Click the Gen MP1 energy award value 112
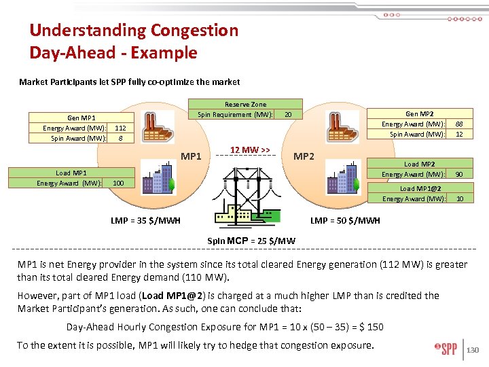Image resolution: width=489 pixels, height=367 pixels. [x=120, y=128]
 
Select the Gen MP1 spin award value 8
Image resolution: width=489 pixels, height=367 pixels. [x=120, y=138]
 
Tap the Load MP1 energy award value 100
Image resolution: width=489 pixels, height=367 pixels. [x=118, y=183]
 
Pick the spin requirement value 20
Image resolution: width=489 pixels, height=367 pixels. [x=288, y=114]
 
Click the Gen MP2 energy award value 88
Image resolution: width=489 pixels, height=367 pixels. [x=459, y=124]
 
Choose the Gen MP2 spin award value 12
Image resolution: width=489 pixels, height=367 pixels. [x=459, y=135]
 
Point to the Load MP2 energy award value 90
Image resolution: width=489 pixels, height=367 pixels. [x=459, y=175]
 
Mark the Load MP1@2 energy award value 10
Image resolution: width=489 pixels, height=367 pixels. [x=459, y=199]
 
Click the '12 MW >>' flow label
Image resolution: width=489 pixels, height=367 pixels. [x=250, y=150]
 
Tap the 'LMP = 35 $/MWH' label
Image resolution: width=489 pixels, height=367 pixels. [x=145, y=220]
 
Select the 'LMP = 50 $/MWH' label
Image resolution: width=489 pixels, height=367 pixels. [x=345, y=220]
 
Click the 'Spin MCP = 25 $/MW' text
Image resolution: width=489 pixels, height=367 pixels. [x=251, y=241]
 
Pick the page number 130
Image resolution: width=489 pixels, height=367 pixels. [x=473, y=351]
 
